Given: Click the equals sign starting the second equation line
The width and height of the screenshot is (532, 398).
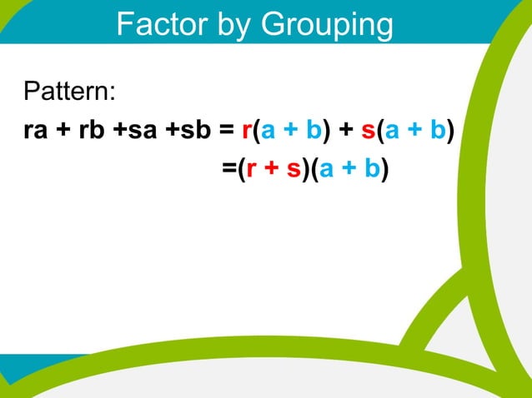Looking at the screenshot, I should (228, 169).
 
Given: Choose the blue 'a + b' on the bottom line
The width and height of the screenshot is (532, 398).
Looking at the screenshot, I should (349, 169).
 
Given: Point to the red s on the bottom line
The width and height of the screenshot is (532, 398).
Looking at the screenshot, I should (293, 169).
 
